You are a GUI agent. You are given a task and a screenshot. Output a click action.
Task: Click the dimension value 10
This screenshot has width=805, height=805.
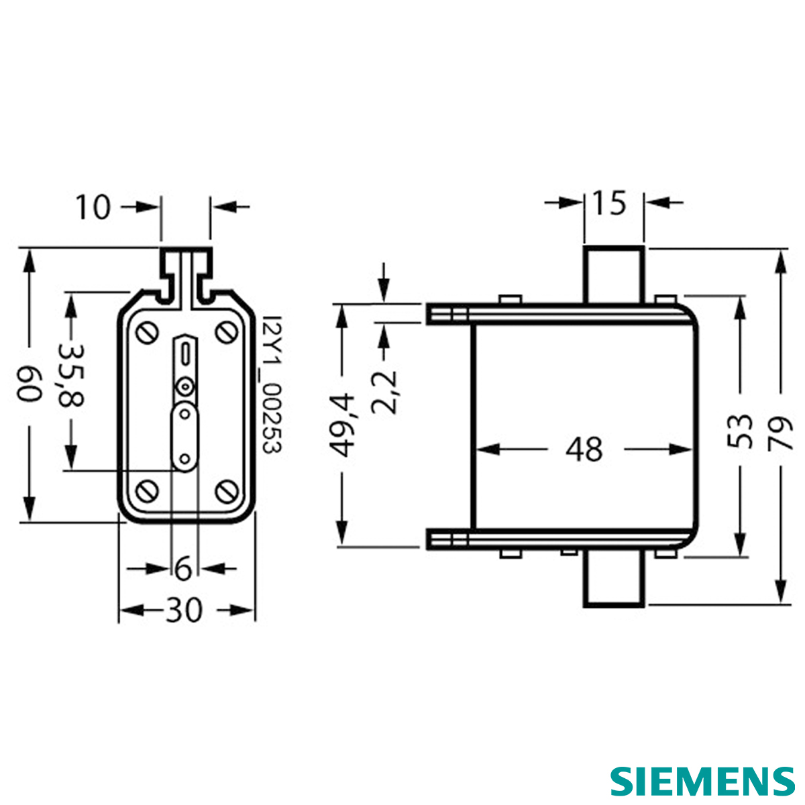point(93,207)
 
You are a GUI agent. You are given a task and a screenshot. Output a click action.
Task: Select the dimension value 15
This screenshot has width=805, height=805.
point(610,203)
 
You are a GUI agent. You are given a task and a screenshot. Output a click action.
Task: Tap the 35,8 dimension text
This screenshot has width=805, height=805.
point(70,376)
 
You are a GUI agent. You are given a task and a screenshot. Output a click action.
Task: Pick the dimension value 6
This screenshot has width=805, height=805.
point(183,569)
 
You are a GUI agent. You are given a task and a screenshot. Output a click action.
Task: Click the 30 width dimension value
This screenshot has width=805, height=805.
point(184,610)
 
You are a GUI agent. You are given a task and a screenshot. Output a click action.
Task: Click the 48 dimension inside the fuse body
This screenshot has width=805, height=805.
point(584,449)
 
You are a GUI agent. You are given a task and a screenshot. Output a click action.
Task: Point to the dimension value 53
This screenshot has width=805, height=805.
point(740,431)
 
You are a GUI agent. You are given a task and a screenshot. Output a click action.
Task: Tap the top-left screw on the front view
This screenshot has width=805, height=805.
point(148,333)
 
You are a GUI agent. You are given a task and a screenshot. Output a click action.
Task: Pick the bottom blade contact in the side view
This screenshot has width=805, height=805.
point(614,580)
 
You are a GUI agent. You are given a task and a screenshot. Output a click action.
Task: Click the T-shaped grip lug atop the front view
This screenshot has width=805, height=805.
point(186,275)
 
